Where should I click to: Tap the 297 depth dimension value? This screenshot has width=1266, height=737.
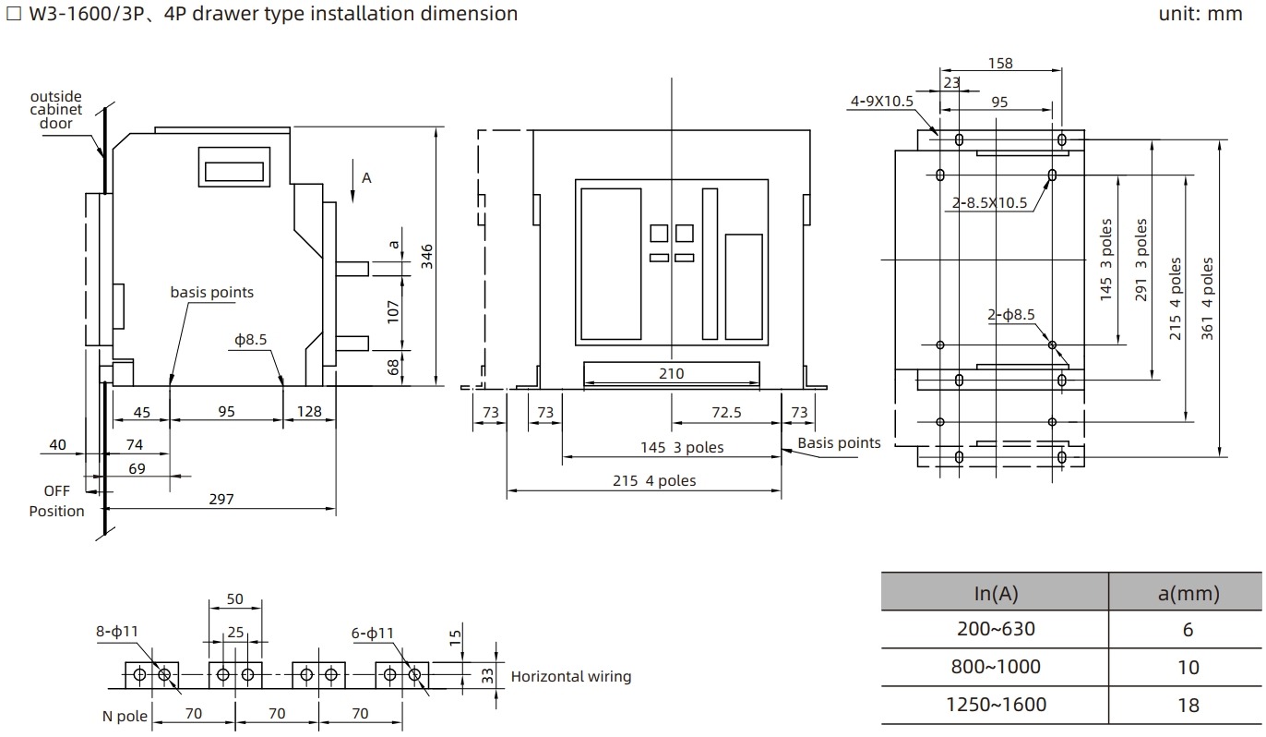click(221, 499)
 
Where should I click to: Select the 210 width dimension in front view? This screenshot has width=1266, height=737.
click(672, 373)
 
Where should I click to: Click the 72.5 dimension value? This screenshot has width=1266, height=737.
click(725, 412)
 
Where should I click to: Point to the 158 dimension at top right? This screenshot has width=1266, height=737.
click(1000, 64)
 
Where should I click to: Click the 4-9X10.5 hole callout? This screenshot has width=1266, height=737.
click(881, 101)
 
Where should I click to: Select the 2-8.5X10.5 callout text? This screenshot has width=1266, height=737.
click(990, 203)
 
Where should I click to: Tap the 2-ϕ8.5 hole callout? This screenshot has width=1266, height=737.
click(1011, 315)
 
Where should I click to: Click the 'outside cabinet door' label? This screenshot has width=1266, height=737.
click(56, 110)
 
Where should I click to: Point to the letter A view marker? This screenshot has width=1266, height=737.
click(366, 177)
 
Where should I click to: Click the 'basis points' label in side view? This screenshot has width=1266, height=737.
click(211, 292)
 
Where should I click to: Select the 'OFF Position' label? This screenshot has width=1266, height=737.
click(56, 501)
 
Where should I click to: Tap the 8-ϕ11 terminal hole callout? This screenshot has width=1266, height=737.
click(116, 633)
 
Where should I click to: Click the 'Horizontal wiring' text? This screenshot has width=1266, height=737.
click(571, 676)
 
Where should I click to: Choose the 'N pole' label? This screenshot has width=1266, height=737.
click(125, 716)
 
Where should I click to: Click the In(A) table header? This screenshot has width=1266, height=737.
click(996, 593)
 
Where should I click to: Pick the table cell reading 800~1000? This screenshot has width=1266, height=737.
click(996, 667)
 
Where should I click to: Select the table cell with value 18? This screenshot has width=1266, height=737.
click(1188, 705)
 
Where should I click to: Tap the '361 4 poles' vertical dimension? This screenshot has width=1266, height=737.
click(1207, 298)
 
